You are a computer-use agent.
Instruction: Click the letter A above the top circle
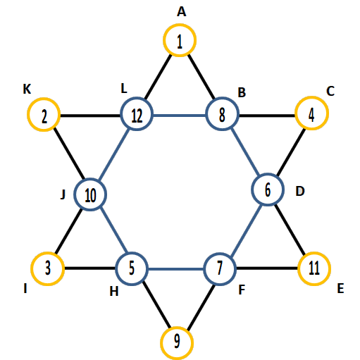click(181, 11)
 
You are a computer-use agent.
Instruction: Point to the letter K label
click(27, 89)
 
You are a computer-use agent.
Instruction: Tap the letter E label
click(340, 288)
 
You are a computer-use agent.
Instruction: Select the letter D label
click(300, 191)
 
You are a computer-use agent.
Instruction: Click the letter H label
click(114, 292)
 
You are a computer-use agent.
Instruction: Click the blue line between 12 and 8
click(180, 116)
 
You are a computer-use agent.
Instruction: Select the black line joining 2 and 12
click(90, 116)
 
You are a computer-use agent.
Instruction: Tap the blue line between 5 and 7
click(176, 269)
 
